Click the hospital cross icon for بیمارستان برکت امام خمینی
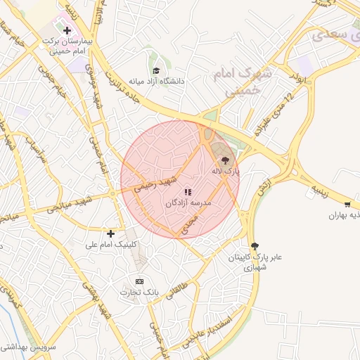67,30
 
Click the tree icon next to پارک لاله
225,160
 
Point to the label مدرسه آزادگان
188,202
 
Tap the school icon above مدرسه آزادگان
188,192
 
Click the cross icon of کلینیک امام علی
110,233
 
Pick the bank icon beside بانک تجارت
139,281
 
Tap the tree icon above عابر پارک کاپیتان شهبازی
255,245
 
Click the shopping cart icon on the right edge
347,205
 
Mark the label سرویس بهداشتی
24,347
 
